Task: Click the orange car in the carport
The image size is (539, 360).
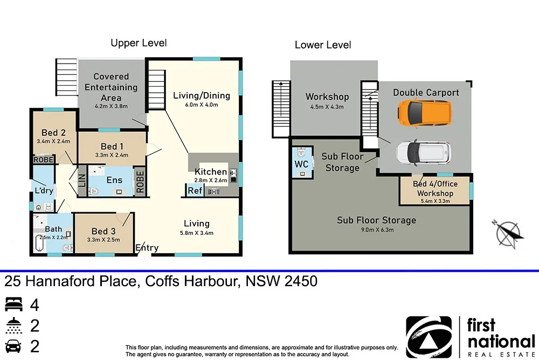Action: coord(424,112)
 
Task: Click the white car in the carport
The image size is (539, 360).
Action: coord(423,152)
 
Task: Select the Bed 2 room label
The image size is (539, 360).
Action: coord(53,133)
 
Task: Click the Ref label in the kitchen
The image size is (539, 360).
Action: coord(194,190)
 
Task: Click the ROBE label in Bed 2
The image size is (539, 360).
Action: coord(43,160)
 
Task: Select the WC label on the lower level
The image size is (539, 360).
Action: coord(301,164)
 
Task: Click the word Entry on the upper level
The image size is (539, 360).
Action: coord(147,248)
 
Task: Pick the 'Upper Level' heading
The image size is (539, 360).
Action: coord(139,43)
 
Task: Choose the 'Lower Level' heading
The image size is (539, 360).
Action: coord(322,45)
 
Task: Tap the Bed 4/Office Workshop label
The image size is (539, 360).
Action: coord(435,189)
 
